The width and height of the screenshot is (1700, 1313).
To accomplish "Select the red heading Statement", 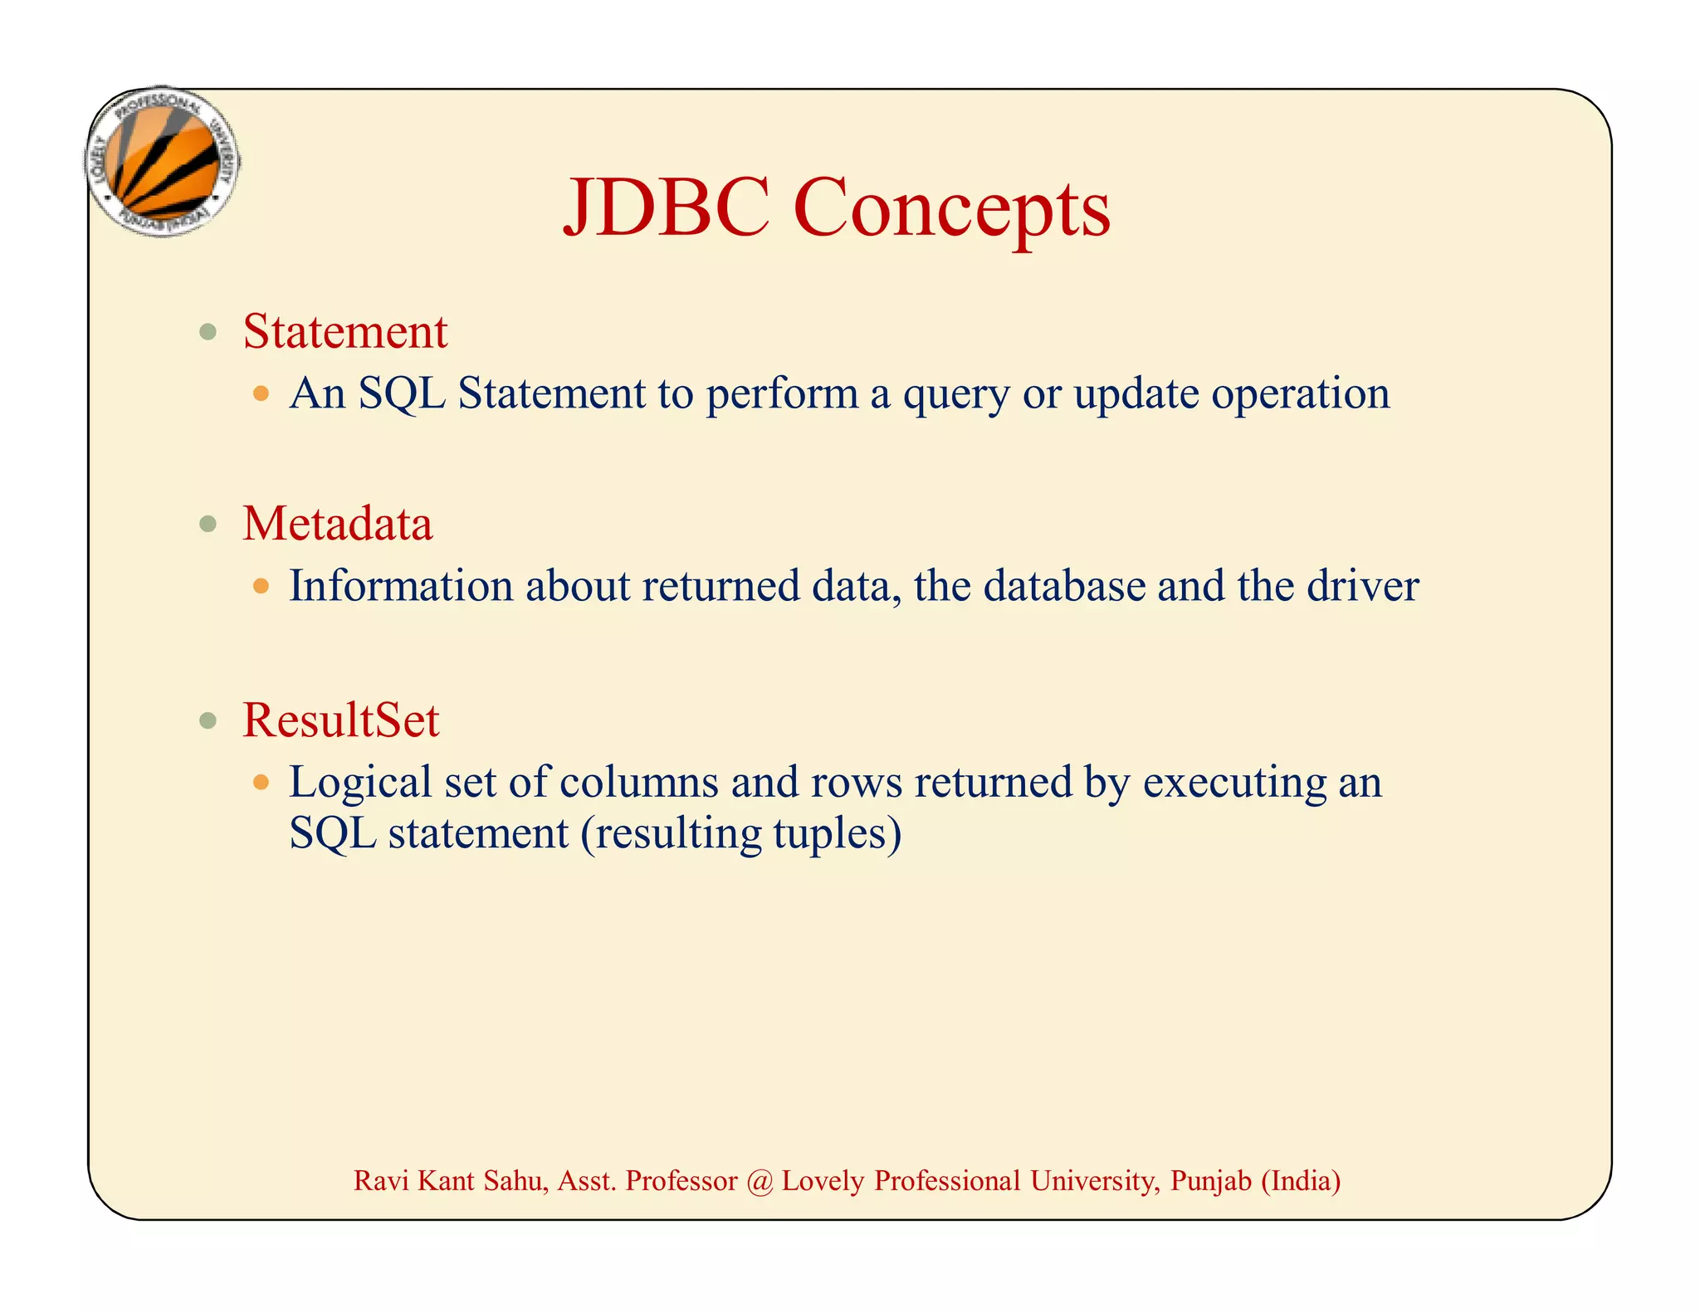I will pyautogui.click(x=344, y=332).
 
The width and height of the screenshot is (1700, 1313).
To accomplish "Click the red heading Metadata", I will pyautogui.click(x=337, y=525).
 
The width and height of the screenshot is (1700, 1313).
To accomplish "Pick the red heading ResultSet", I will pyautogui.click(x=340, y=720).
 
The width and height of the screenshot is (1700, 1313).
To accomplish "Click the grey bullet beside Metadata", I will pyautogui.click(x=208, y=525).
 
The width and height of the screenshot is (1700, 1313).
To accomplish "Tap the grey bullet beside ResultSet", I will pyautogui.click(x=208, y=720).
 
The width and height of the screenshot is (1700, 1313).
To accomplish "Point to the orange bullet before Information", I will pyautogui.click(x=261, y=587).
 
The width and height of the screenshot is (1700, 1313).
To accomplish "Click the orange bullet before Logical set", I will pyautogui.click(x=261, y=783).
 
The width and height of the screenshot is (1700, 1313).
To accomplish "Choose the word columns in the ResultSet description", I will pyautogui.click(x=638, y=783).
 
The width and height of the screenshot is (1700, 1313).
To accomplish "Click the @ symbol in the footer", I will pyautogui.click(x=759, y=1181).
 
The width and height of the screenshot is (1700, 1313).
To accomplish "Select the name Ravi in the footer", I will pyautogui.click(x=381, y=1181).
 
